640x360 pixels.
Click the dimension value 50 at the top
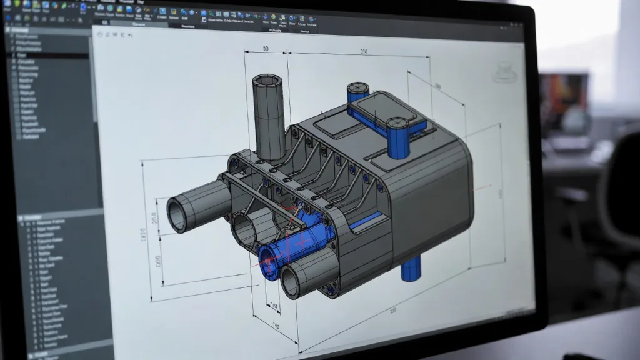(x=265, y=49)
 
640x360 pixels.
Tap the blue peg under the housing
(x=411, y=269)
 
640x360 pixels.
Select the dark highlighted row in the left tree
(x=50, y=56)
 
